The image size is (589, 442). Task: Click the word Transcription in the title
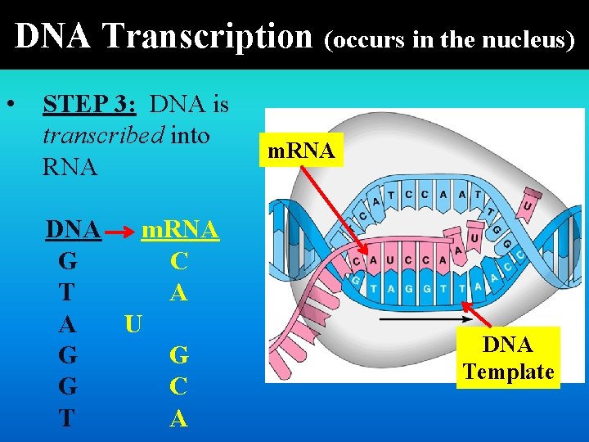(x=208, y=36)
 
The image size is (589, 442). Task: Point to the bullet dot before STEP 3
(x=11, y=105)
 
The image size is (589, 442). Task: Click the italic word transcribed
(x=103, y=135)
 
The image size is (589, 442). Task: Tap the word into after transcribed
(x=191, y=135)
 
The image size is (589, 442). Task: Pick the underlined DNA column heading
(x=74, y=231)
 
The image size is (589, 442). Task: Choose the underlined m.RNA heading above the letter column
(x=180, y=231)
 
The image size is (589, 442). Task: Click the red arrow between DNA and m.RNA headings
(x=120, y=233)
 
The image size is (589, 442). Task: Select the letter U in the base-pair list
(x=133, y=325)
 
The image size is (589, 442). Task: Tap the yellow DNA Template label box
(x=508, y=358)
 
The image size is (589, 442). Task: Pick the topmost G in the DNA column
(x=69, y=263)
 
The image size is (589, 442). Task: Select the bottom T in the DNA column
(x=67, y=418)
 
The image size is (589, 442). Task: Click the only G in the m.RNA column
(x=179, y=356)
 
